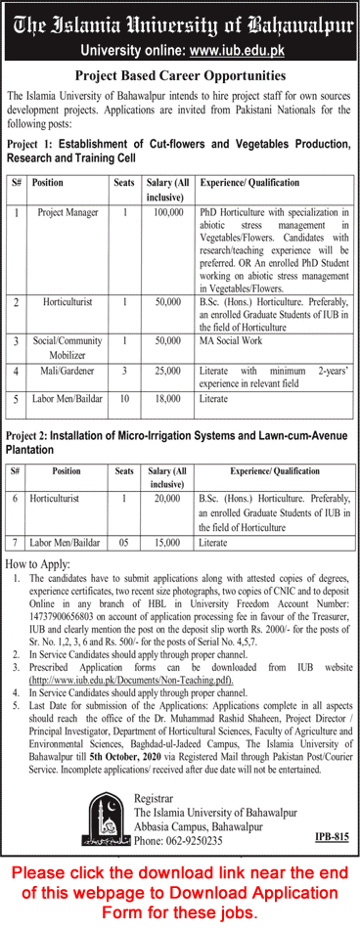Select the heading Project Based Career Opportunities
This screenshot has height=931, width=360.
point(180,74)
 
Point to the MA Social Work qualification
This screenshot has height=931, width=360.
point(232,341)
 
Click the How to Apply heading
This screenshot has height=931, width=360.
point(38,565)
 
